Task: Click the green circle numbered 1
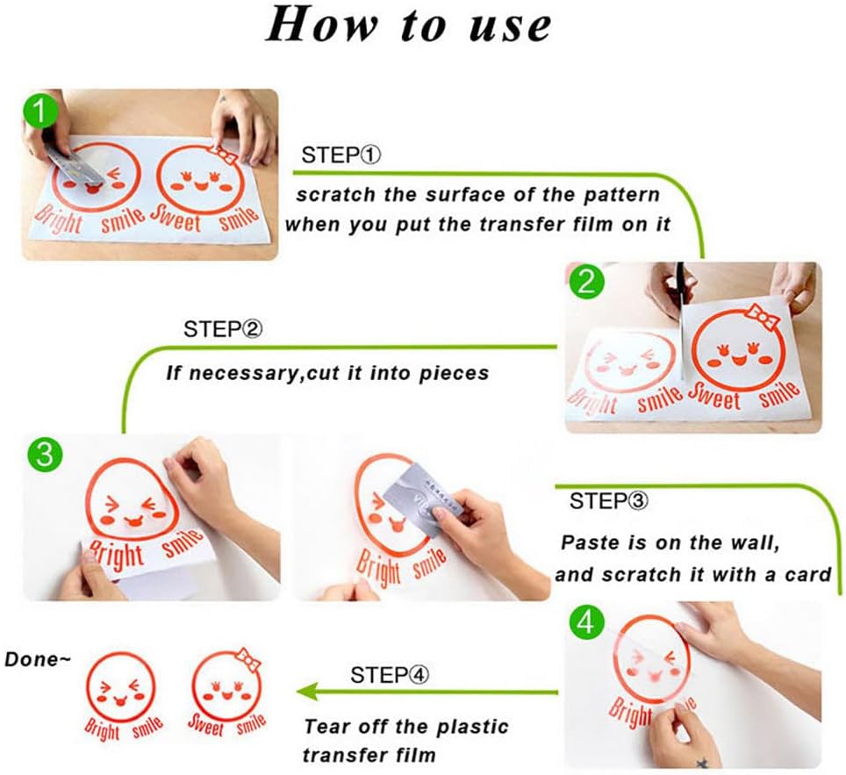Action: [39, 110]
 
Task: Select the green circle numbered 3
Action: [45, 454]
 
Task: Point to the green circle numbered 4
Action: [586, 621]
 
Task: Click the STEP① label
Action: [341, 155]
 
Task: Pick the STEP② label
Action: [223, 329]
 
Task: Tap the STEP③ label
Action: [608, 501]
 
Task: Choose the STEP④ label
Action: [390, 675]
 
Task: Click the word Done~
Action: [38, 659]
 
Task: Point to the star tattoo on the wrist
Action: [701, 763]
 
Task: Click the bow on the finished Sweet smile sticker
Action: [248, 659]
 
